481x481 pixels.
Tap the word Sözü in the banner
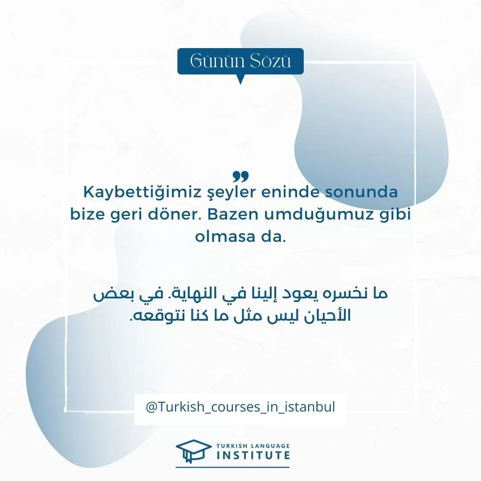(x=270, y=61)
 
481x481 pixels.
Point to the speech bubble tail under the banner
(x=241, y=79)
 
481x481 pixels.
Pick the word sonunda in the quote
(x=361, y=192)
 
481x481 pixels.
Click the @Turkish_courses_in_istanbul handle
(x=240, y=407)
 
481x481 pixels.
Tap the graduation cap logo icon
(x=194, y=451)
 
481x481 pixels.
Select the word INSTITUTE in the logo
(x=253, y=455)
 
